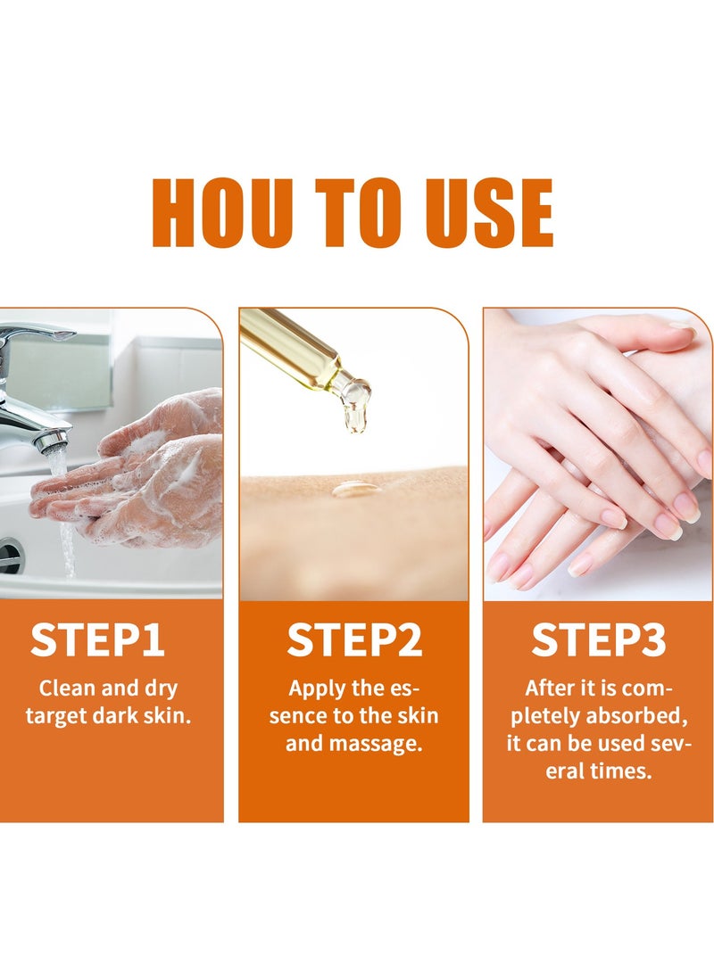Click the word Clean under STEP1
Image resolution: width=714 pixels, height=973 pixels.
click(x=66, y=689)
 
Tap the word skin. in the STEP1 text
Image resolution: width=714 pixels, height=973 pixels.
click(x=169, y=715)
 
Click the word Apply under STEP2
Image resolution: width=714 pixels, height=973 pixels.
click(x=318, y=689)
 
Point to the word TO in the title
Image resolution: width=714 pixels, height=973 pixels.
click(x=352, y=213)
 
